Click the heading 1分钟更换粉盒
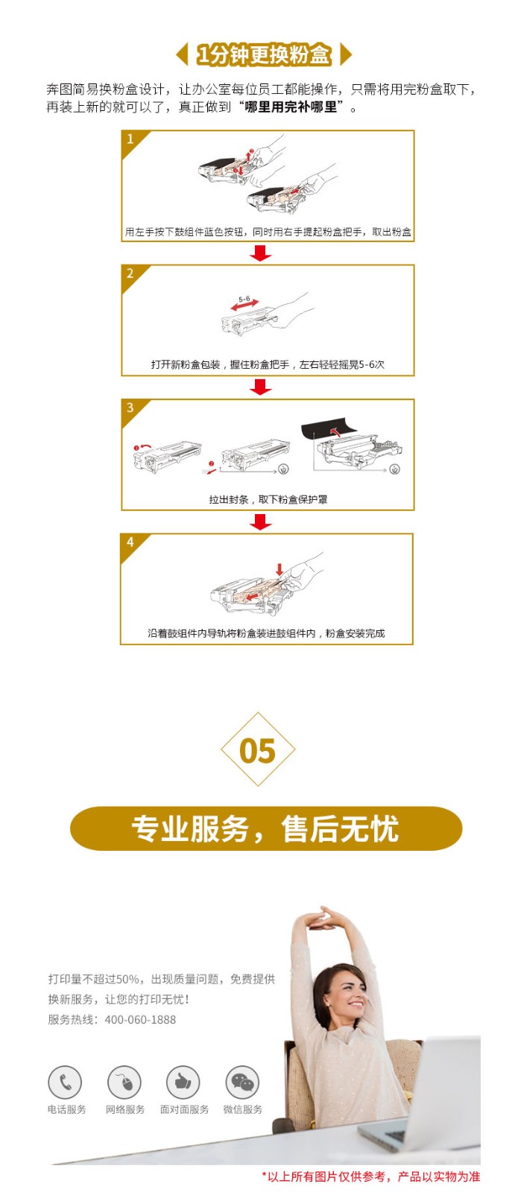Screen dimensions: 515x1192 point(264,54)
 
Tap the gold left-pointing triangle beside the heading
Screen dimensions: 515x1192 point(183,54)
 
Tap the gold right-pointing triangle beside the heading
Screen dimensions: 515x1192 point(346,54)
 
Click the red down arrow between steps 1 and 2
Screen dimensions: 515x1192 point(260,253)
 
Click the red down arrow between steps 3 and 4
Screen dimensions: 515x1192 point(260,522)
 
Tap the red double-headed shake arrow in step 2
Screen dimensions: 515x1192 point(244,305)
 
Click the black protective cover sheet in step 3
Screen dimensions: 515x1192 point(331,428)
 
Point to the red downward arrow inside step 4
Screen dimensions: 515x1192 point(279,569)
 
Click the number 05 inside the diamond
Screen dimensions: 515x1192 point(258,751)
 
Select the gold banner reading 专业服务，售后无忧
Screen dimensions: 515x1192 point(266,828)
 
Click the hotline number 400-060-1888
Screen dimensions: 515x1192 point(140,1020)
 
